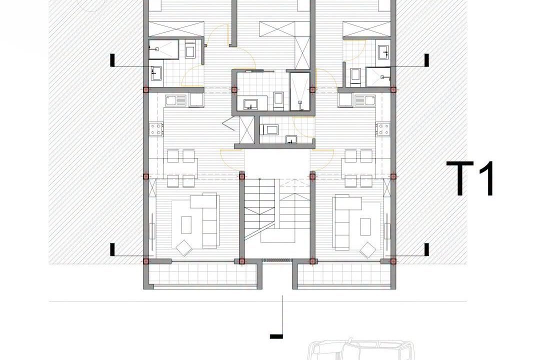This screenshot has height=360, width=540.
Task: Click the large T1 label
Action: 470,178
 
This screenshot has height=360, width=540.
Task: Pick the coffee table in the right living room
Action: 365,226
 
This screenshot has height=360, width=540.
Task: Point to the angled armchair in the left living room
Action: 184,247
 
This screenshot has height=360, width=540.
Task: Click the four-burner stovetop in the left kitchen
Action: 156,129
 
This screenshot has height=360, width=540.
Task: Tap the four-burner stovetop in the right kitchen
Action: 383,129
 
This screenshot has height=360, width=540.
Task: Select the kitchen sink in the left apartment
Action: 175,100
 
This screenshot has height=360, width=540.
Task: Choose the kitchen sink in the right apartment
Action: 365,100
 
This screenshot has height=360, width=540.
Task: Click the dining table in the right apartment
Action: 358,168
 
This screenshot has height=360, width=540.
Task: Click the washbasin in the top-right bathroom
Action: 383,51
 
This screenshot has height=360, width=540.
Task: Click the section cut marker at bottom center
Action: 277,317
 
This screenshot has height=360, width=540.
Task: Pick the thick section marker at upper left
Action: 112,60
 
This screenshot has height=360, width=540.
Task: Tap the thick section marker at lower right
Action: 426,249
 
